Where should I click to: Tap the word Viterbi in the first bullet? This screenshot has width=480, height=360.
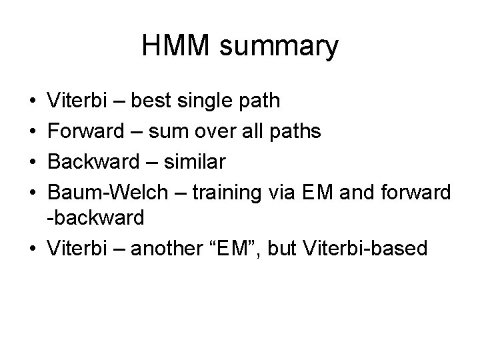pos(75,101)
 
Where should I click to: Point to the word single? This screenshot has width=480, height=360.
pos(210,102)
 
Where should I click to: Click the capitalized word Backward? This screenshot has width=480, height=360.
pos(89,161)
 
